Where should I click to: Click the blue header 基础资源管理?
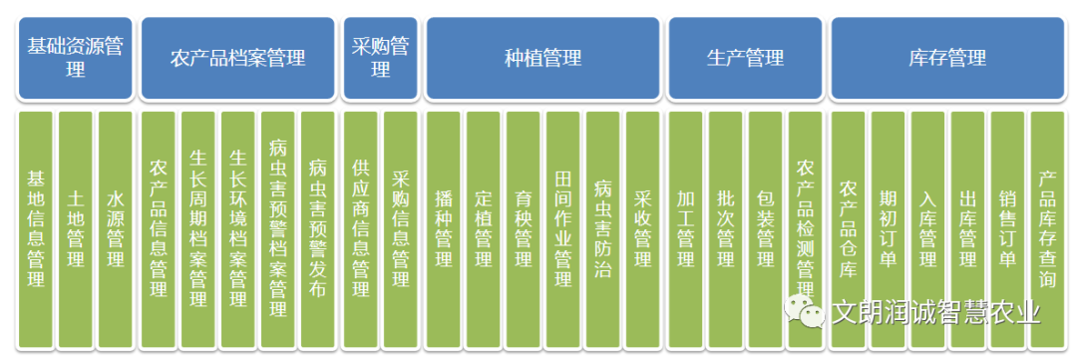coord(76,58)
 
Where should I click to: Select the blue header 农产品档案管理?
coord(237,58)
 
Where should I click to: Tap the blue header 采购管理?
coord(380,58)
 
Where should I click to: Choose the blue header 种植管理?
coord(542,58)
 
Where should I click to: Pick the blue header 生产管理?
coord(745,58)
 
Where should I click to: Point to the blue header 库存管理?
coord(946,58)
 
